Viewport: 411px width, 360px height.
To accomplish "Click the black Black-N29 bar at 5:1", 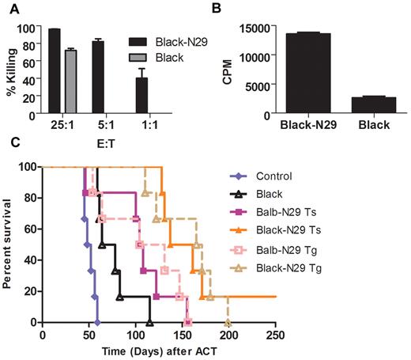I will tap(98, 78).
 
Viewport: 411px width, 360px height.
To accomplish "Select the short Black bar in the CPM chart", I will tap(374, 106).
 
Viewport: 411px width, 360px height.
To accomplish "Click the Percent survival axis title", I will tap(11, 243).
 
